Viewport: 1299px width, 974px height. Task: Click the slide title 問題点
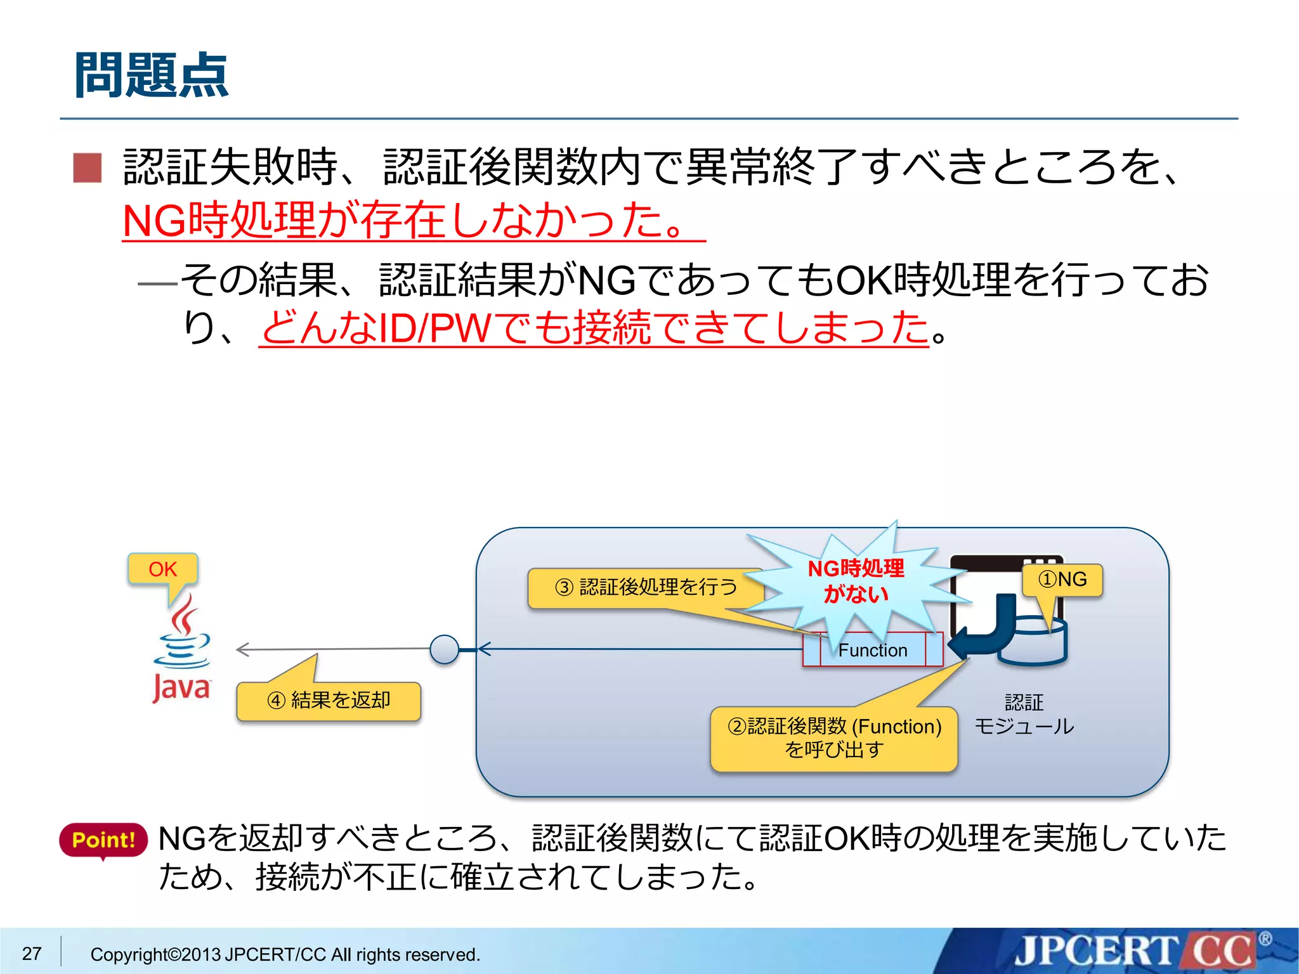[152, 75]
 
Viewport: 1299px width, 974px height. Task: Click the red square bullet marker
[88, 168]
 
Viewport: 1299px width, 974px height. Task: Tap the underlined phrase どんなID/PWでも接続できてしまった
[594, 328]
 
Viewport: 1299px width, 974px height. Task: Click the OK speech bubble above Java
[162, 569]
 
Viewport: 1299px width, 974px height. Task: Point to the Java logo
[181, 653]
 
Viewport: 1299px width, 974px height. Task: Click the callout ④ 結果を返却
[329, 701]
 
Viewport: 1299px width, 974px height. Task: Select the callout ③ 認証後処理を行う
[646, 587]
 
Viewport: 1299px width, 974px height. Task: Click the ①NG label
[1062, 580]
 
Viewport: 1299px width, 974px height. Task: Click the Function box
[873, 650]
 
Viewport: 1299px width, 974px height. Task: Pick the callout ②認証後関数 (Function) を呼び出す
[834, 738]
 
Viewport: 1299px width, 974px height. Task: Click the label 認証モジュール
[1024, 714]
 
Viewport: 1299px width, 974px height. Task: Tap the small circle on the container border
[444, 649]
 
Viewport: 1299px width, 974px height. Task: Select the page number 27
[32, 953]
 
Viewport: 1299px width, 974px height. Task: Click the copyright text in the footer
[285, 954]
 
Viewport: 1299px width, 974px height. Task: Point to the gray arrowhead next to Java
[242, 649]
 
